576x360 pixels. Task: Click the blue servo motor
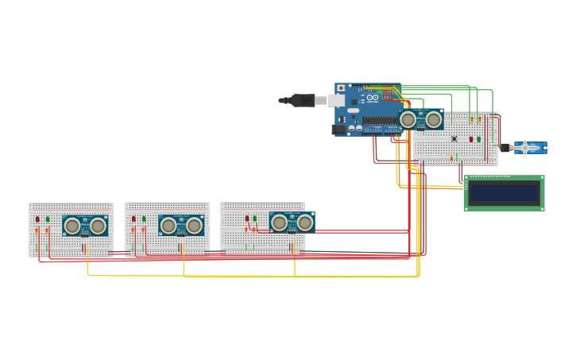(x=527, y=147)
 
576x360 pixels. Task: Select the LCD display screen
(x=504, y=192)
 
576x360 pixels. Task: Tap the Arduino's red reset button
(x=342, y=87)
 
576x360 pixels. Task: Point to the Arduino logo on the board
(x=372, y=97)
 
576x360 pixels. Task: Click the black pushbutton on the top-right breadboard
(x=454, y=139)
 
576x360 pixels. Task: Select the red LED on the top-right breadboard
(x=470, y=139)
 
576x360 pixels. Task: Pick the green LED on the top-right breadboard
(x=478, y=139)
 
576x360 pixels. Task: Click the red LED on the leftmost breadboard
(x=37, y=219)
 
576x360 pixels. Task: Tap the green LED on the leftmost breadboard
(x=48, y=219)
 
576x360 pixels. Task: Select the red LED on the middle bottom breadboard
(x=133, y=219)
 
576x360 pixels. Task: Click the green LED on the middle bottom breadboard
(x=144, y=219)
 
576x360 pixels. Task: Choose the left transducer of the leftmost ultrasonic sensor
(x=72, y=226)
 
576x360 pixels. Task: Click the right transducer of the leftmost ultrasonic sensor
(x=98, y=226)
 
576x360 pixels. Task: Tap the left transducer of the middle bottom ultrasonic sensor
(x=168, y=226)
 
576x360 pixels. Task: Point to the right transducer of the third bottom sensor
(x=304, y=223)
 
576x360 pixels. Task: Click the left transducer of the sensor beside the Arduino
(x=408, y=120)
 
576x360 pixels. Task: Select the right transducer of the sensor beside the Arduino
(x=434, y=120)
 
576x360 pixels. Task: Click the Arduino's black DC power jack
(x=339, y=129)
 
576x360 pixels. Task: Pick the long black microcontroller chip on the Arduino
(x=381, y=121)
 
